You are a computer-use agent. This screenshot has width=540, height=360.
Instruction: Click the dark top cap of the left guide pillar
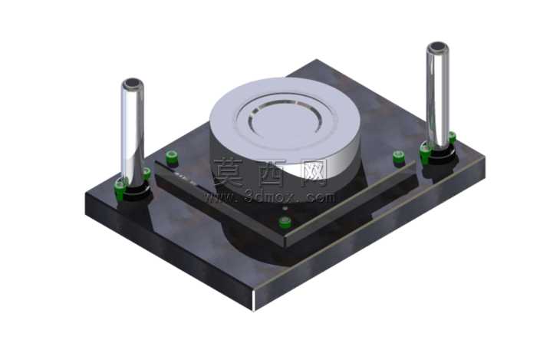(x=133, y=83)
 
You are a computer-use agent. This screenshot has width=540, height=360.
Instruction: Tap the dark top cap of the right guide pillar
(x=437, y=46)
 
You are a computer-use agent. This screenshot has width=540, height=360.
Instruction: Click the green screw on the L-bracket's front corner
(x=285, y=222)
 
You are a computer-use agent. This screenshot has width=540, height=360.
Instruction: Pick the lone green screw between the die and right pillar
(x=399, y=157)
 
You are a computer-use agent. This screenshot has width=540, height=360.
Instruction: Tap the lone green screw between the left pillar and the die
(x=172, y=157)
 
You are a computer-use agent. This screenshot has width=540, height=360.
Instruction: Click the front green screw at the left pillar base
(x=120, y=190)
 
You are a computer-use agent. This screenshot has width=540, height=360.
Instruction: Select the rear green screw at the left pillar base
(x=147, y=173)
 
